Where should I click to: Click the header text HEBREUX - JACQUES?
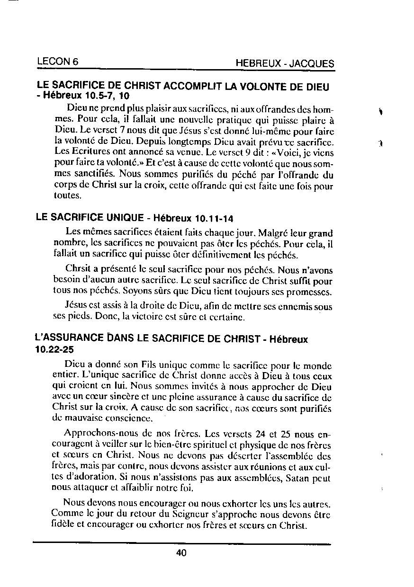285,64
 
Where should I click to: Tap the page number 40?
181,552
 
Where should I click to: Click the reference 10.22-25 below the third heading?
54,350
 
